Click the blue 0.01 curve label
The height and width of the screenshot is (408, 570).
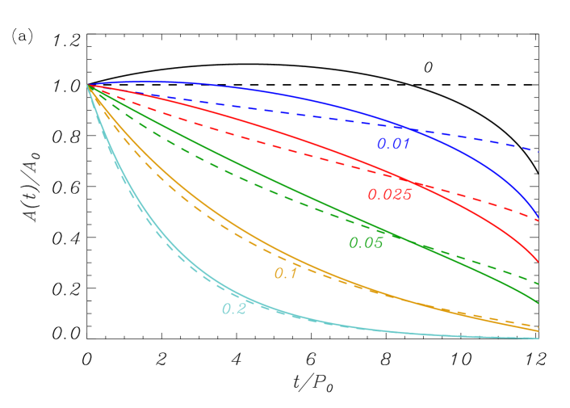pos(394,144)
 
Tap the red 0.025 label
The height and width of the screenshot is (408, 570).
pos(389,194)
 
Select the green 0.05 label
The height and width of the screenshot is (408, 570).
pos(366,242)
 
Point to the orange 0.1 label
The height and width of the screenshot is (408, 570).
pos(286,273)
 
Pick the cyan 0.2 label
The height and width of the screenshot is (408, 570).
pos(233,309)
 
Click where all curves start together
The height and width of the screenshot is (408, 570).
pos(88,85)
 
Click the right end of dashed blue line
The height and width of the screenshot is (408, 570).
pos(538,151)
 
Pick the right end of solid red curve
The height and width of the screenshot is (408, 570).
pos(538,261)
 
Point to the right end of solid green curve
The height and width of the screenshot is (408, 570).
pos(538,304)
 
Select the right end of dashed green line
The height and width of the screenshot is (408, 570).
pos(538,283)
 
